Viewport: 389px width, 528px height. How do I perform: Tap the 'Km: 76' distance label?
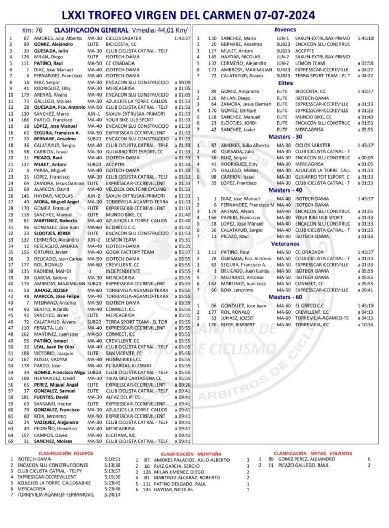coord(33,30)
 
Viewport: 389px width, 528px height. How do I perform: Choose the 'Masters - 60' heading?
coord(286,297)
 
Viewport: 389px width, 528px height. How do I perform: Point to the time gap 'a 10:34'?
coord(365,325)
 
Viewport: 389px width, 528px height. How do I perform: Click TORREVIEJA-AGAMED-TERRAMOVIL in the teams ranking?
coord(52,494)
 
